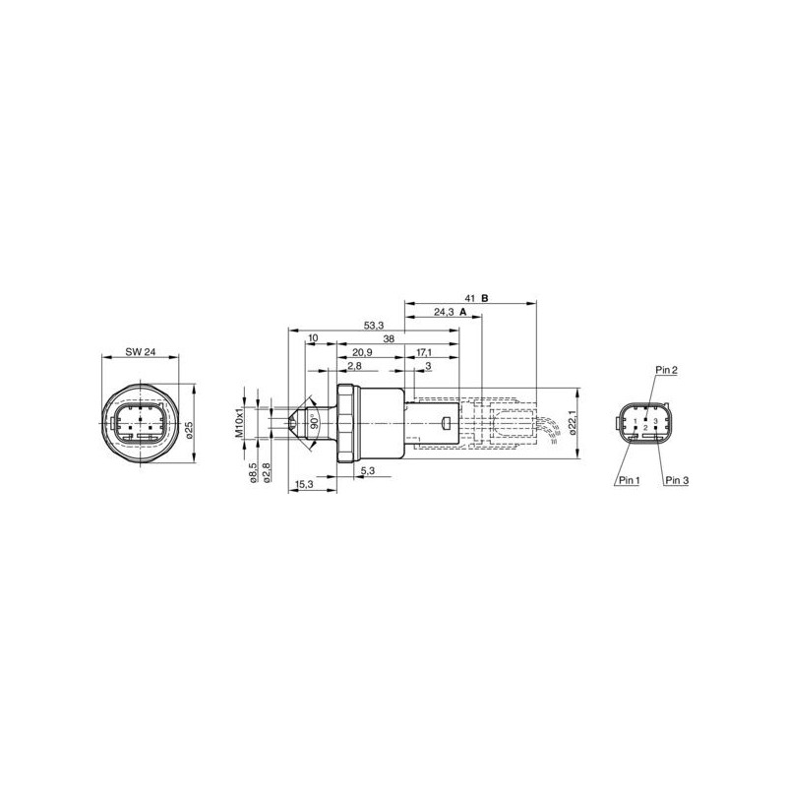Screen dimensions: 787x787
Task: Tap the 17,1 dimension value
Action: (423, 351)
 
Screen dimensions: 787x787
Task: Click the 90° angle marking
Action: (313, 423)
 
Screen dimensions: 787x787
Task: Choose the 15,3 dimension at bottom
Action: (304, 485)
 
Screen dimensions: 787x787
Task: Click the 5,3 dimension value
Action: (366, 472)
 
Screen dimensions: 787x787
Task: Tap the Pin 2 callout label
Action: (666, 370)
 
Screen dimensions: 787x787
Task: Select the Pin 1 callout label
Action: (628, 481)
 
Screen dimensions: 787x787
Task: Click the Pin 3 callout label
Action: (678, 481)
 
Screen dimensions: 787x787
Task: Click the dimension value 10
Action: (313, 337)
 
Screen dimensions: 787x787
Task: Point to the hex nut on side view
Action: (346, 423)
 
